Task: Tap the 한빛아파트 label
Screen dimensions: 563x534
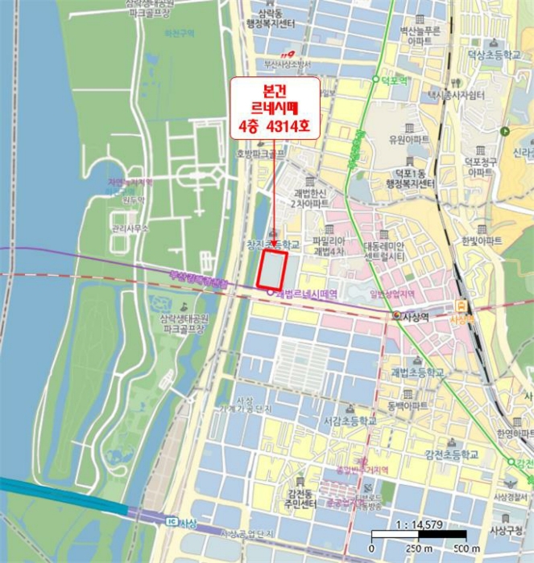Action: click(482, 240)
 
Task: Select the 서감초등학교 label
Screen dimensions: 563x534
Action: click(350, 420)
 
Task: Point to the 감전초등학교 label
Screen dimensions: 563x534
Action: click(452, 454)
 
